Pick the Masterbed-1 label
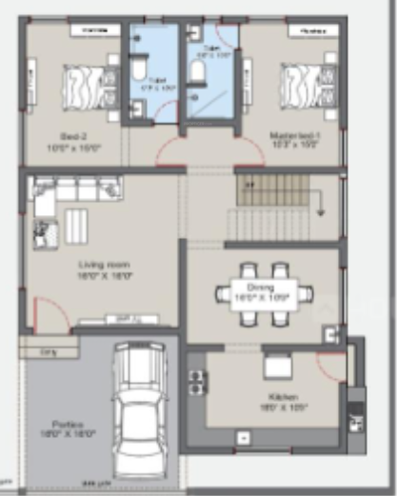(x=294, y=135)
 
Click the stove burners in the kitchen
(x=197, y=381)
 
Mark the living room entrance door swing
(x=49, y=313)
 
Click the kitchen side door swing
(x=330, y=366)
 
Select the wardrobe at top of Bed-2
(x=93, y=30)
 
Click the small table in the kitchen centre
(x=277, y=366)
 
